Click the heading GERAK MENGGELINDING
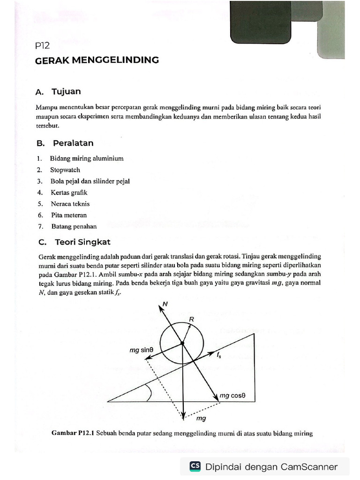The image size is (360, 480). tap(97, 60)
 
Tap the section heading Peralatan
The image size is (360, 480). tap(73, 143)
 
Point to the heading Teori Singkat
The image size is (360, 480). tap(82, 242)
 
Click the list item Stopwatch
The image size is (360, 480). tap(65, 170)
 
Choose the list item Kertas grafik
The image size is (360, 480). tap(69, 192)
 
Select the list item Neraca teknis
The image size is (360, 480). tap(70, 204)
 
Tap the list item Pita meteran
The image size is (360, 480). tap(69, 215)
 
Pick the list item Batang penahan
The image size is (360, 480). tap(74, 226)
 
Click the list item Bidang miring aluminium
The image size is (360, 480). tap(87, 158)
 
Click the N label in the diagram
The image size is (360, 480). tap(164, 304)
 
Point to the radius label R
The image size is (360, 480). tap(191, 318)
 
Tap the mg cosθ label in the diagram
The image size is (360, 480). tap(233, 396)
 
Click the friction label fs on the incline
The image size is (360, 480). tap(219, 356)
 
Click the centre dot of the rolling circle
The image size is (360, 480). tap(182, 344)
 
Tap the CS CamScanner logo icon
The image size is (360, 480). tap(195, 466)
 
